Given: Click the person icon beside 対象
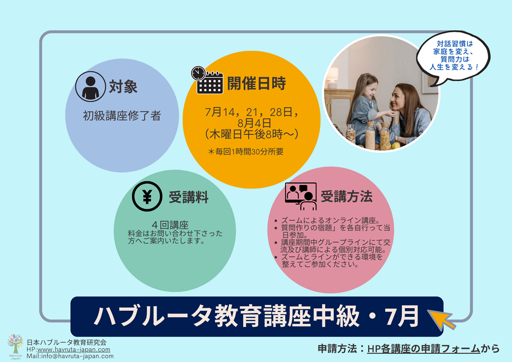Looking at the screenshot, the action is pyautogui.click(x=91, y=87).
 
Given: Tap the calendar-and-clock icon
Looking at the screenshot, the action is pyautogui.click(x=207, y=80).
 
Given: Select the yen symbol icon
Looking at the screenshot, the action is pyautogui.click(x=147, y=197).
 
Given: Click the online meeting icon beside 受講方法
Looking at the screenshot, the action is pyautogui.click(x=301, y=197).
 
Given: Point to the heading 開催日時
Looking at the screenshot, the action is pyautogui.click(x=257, y=83).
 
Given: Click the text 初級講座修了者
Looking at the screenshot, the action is pyautogui.click(x=122, y=116).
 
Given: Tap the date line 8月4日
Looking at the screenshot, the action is pyautogui.click(x=254, y=123).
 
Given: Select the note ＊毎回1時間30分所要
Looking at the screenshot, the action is pyautogui.click(x=246, y=152).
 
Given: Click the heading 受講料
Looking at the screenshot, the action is pyautogui.click(x=189, y=197).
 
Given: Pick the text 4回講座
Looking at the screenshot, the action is pyautogui.click(x=170, y=225).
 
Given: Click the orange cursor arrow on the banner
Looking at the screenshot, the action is pyautogui.click(x=441, y=319).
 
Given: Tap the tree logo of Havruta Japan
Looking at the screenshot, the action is pyautogui.click(x=15, y=347).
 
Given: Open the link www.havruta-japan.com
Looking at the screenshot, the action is pyautogui.click(x=73, y=349).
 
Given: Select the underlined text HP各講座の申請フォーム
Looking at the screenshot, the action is pyautogui.click(x=423, y=349).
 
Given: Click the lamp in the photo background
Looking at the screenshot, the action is pyautogui.click(x=332, y=78).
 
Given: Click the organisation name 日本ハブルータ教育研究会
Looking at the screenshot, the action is pyautogui.click(x=67, y=343).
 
